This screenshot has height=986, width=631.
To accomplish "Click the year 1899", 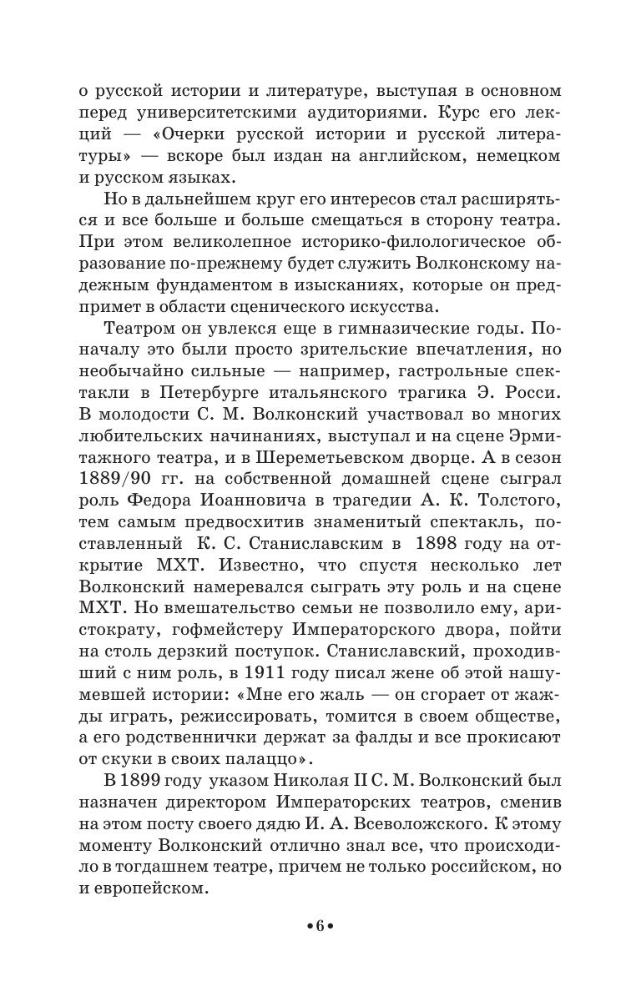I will pyautogui.click(x=129, y=780).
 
